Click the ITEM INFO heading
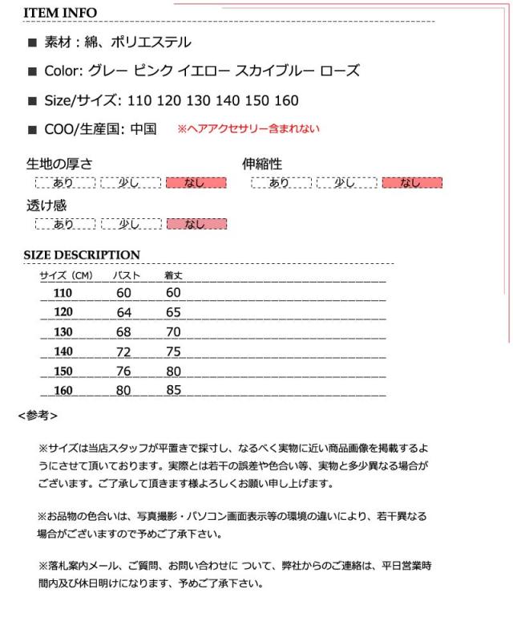tap(61, 14)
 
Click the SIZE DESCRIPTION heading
tap(82, 255)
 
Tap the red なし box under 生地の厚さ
tap(196, 183)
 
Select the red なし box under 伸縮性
tap(412, 183)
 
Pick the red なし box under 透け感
tap(196, 224)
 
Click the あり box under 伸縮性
tap(280, 183)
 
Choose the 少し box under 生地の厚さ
tap(130, 183)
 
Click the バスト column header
tap(126, 276)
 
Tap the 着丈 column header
tap(173, 276)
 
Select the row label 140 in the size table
tap(63, 351)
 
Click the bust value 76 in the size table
tap(123, 371)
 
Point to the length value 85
tap(173, 391)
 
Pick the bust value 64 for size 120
tap(123, 311)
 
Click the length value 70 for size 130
tap(173, 331)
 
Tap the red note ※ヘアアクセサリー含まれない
tap(248, 128)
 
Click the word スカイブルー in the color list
tap(271, 71)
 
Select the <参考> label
tap(37, 416)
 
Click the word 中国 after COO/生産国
tap(143, 128)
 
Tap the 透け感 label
tap(46, 205)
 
